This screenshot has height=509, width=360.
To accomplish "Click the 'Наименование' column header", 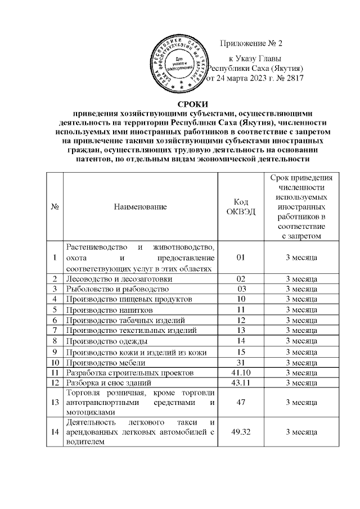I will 140,207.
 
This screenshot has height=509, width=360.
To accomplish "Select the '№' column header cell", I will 56,207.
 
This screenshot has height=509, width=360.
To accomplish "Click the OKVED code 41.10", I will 241,372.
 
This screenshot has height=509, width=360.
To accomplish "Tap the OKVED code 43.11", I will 241,383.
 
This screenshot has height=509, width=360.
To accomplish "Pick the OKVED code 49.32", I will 241,431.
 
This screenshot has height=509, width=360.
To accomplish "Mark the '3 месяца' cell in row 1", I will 302,258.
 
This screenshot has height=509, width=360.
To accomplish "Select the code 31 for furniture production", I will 241,362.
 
